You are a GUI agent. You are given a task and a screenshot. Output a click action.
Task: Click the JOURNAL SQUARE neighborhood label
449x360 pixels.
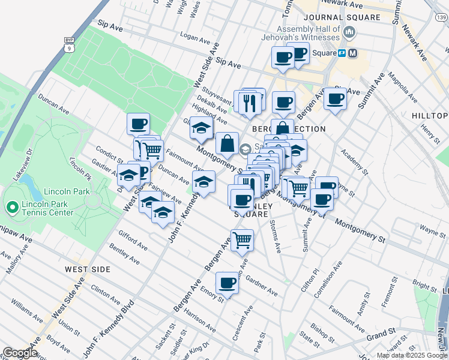pyautogui.click(x=342, y=17)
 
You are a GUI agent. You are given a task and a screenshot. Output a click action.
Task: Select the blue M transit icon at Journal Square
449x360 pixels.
pyautogui.click(x=352, y=53)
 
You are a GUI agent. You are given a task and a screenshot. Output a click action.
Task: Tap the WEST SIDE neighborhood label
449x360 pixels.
pyautogui.click(x=88, y=269)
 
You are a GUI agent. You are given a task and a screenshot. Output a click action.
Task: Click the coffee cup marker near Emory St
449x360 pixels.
pyautogui.click(x=227, y=282)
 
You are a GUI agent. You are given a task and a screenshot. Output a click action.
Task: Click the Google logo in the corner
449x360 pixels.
pyautogui.click(x=20, y=353)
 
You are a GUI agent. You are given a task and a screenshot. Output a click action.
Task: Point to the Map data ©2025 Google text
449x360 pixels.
pyautogui.click(x=412, y=355)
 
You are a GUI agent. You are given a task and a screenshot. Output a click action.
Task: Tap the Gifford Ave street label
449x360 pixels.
pyautogui.click(x=133, y=240)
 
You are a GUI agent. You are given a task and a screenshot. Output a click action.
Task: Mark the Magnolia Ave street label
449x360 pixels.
pyautogui.click(x=402, y=86)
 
